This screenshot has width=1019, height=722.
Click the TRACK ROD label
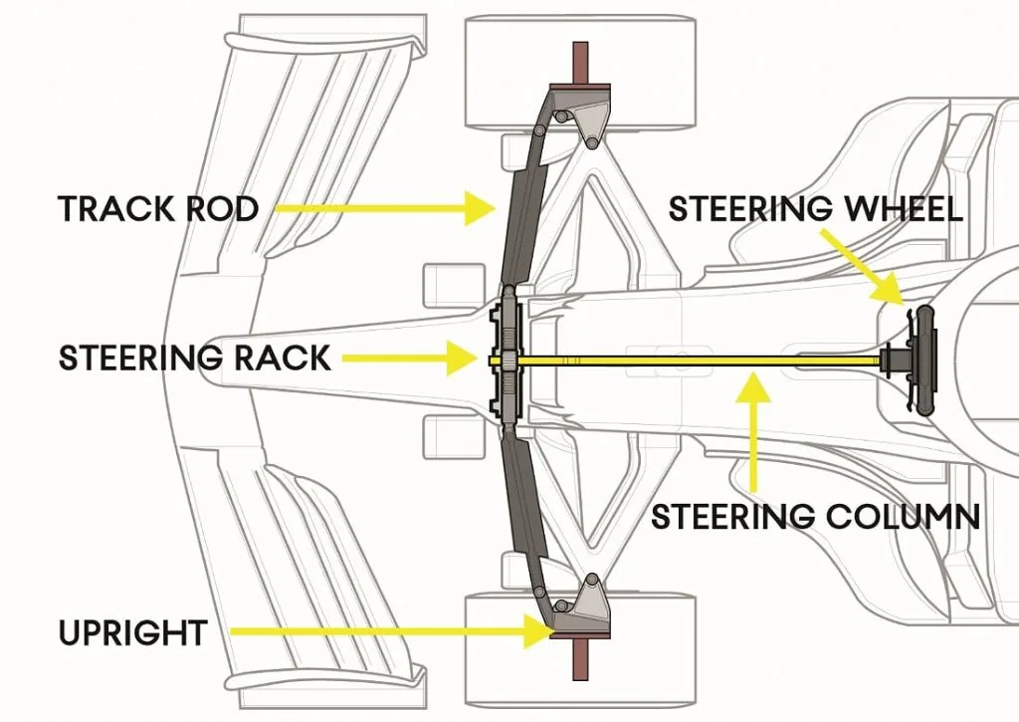pos(158,209)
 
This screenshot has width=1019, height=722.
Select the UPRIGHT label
pos(131,631)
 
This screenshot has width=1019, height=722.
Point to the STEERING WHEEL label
pos(815,209)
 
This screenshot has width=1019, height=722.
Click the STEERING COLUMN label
pos(815,517)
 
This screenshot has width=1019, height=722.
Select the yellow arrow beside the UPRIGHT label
pos(389,630)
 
